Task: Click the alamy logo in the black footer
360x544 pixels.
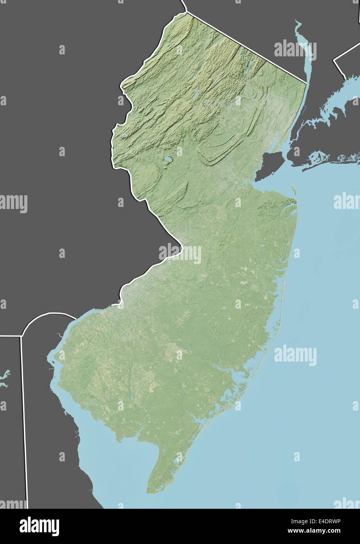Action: pyautogui.click(x=39, y=526)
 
